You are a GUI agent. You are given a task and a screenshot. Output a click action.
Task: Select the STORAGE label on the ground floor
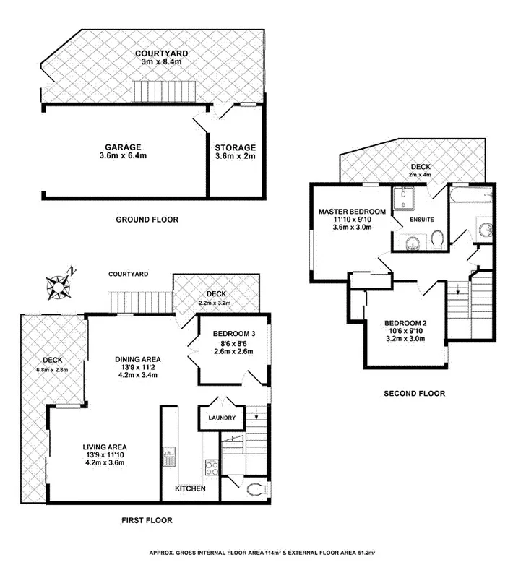[x=236, y=147]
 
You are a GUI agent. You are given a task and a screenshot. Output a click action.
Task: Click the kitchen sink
[x=169, y=456]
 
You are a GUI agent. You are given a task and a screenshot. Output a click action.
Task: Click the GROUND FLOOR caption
[x=147, y=220]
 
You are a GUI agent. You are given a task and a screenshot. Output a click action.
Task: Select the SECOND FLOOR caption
[x=414, y=394]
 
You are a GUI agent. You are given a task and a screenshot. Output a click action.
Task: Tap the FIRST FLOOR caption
[x=147, y=520]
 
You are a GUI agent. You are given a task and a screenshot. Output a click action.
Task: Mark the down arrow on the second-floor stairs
[x=457, y=291]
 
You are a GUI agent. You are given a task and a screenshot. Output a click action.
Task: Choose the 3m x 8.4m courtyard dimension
[x=162, y=63]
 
